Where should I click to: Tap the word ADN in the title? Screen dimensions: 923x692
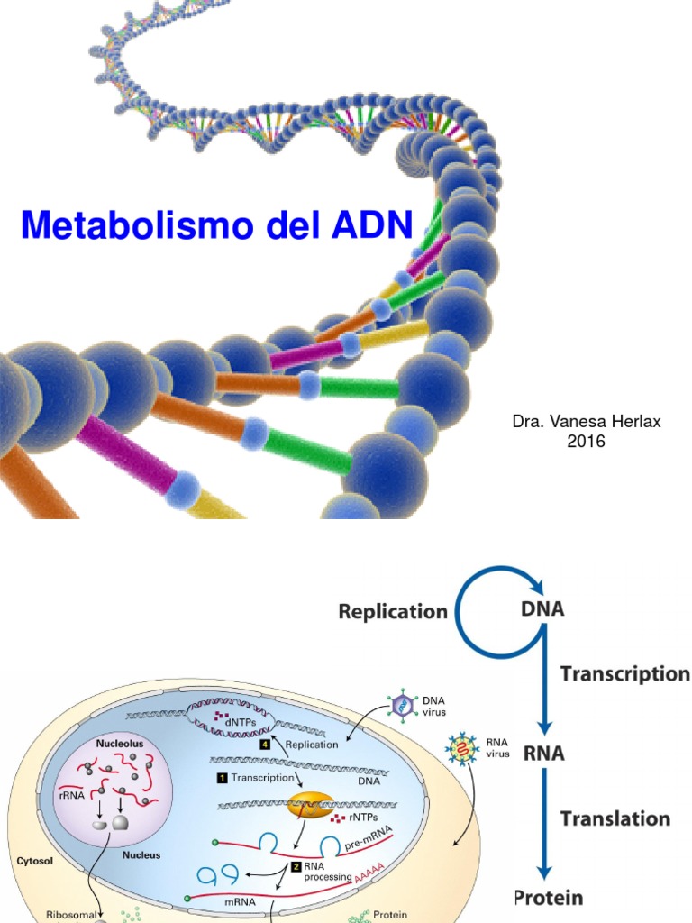point(360,224)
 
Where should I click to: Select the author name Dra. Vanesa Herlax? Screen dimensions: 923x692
point(586,422)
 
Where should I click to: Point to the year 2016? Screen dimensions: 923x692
point(586,442)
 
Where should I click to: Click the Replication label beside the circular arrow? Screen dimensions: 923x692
point(393,611)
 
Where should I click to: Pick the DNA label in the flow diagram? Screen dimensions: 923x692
point(542,608)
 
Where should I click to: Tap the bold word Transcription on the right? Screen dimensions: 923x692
point(624,674)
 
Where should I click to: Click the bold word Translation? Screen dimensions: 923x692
point(615,818)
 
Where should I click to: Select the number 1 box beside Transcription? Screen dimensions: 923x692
point(221,776)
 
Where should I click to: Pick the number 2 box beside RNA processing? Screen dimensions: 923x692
point(296,866)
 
